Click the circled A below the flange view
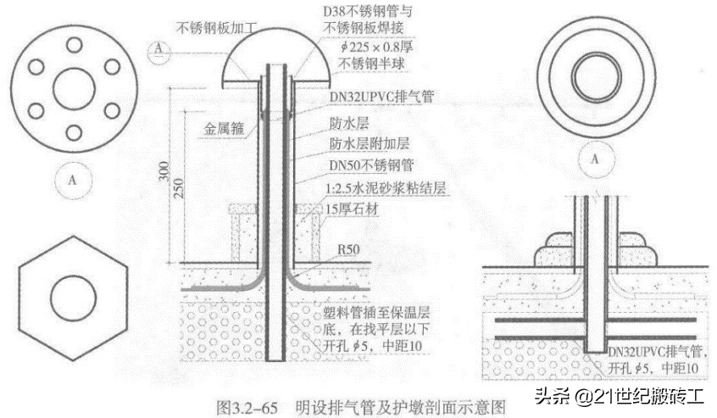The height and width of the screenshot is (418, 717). click(73, 180)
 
